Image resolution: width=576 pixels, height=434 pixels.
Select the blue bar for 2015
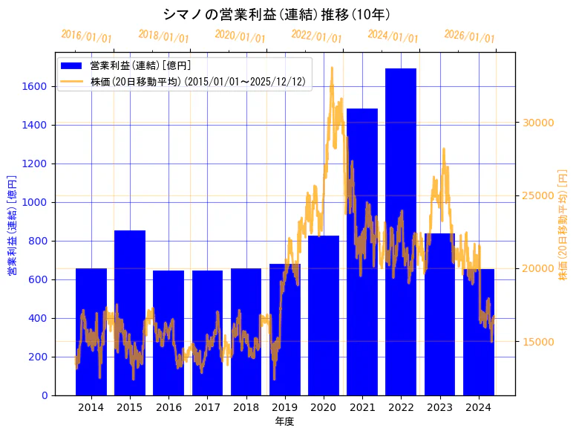coord(130,312)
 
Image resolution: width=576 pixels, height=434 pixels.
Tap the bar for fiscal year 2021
coord(362,252)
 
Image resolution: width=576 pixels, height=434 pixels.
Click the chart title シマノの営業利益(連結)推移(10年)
coord(277,14)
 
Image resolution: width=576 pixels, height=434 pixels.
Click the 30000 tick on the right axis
coord(539,123)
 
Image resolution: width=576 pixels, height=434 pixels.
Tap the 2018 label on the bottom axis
coord(246,407)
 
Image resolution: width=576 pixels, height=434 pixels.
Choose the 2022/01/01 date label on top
coord(317,36)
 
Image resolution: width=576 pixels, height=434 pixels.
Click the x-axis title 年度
coord(284,421)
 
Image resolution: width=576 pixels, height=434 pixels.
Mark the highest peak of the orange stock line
coord(331,68)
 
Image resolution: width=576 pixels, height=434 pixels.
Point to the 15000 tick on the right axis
coord(539,342)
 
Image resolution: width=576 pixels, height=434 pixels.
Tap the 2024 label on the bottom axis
coord(478,407)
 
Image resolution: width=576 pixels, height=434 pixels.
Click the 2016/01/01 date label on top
coord(87,36)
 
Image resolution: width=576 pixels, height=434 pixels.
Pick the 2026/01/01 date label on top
coord(469,36)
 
